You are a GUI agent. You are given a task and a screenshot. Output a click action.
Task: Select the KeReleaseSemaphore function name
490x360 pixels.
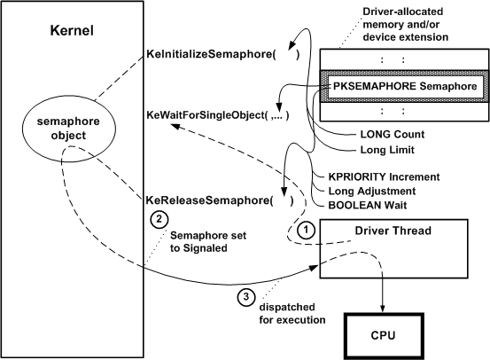click(x=201, y=200)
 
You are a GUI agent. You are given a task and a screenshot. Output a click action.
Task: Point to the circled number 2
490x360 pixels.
click(x=157, y=218)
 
